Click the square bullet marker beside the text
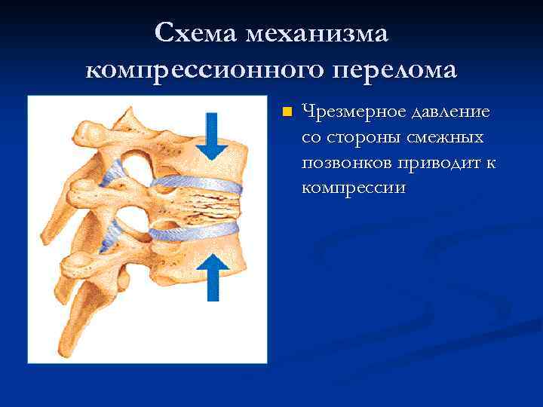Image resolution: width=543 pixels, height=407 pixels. [x=286, y=113]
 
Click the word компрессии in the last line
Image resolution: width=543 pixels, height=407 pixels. [x=353, y=188]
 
